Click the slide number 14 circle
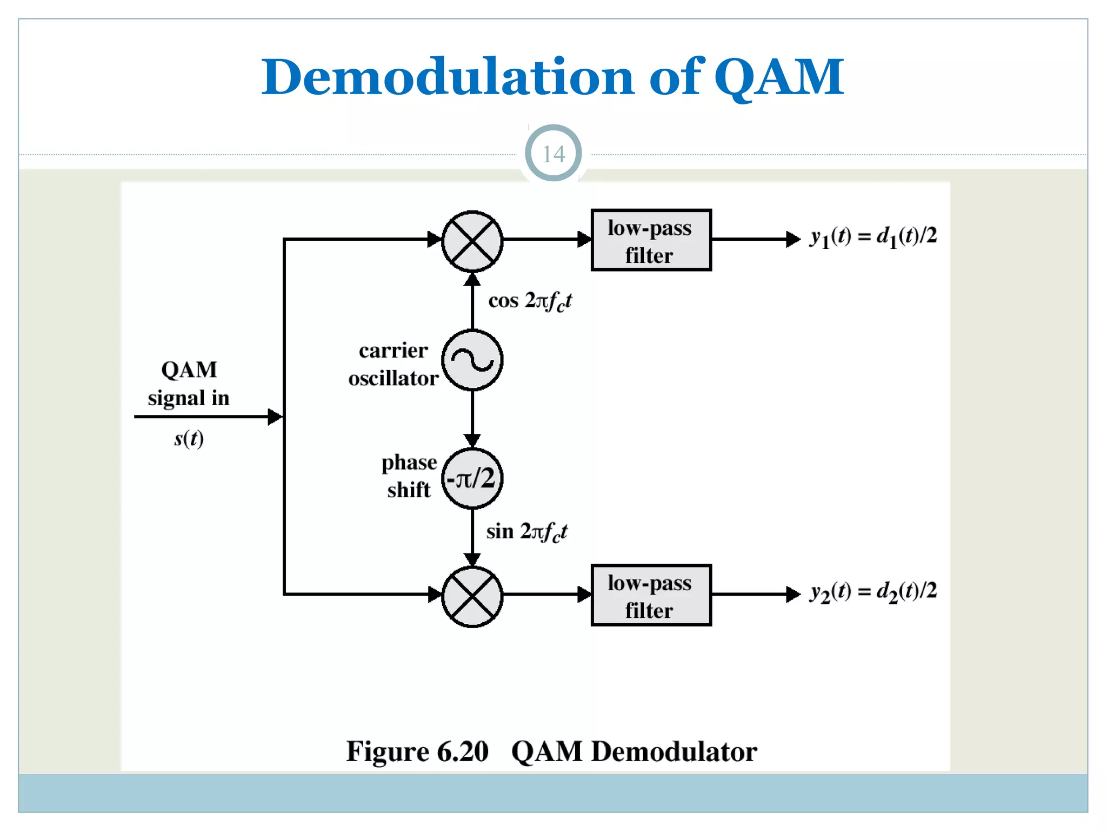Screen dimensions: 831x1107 pyautogui.click(x=553, y=154)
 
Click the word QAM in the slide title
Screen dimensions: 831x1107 pyautogui.click(x=778, y=77)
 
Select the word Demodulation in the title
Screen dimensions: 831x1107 pyautogui.click(x=448, y=77)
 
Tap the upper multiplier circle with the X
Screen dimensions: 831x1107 pyautogui.click(x=472, y=241)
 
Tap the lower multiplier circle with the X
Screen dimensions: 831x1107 pyautogui.click(x=472, y=597)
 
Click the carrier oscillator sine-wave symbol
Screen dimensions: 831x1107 pyautogui.click(x=472, y=360)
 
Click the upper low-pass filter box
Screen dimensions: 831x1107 pyautogui.click(x=651, y=240)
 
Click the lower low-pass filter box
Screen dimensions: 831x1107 pyautogui.click(x=651, y=596)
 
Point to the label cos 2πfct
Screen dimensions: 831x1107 pyautogui.click(x=530, y=301)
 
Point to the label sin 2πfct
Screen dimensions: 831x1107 pyautogui.click(x=526, y=532)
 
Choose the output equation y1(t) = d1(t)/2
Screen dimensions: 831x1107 pyautogui.click(x=872, y=237)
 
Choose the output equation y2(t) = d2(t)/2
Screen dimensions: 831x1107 pyautogui.click(x=872, y=592)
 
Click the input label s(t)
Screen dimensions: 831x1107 pyautogui.click(x=189, y=439)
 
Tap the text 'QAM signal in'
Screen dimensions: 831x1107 pyautogui.click(x=189, y=384)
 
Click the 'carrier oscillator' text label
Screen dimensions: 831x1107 pyautogui.click(x=394, y=365)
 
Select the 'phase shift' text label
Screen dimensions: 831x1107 pyautogui.click(x=409, y=476)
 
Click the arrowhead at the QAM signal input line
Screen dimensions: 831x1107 pyautogui.click(x=275, y=417)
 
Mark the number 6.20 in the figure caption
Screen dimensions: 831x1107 pyautogui.click(x=463, y=752)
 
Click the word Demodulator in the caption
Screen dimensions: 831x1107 pyautogui.click(x=674, y=752)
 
